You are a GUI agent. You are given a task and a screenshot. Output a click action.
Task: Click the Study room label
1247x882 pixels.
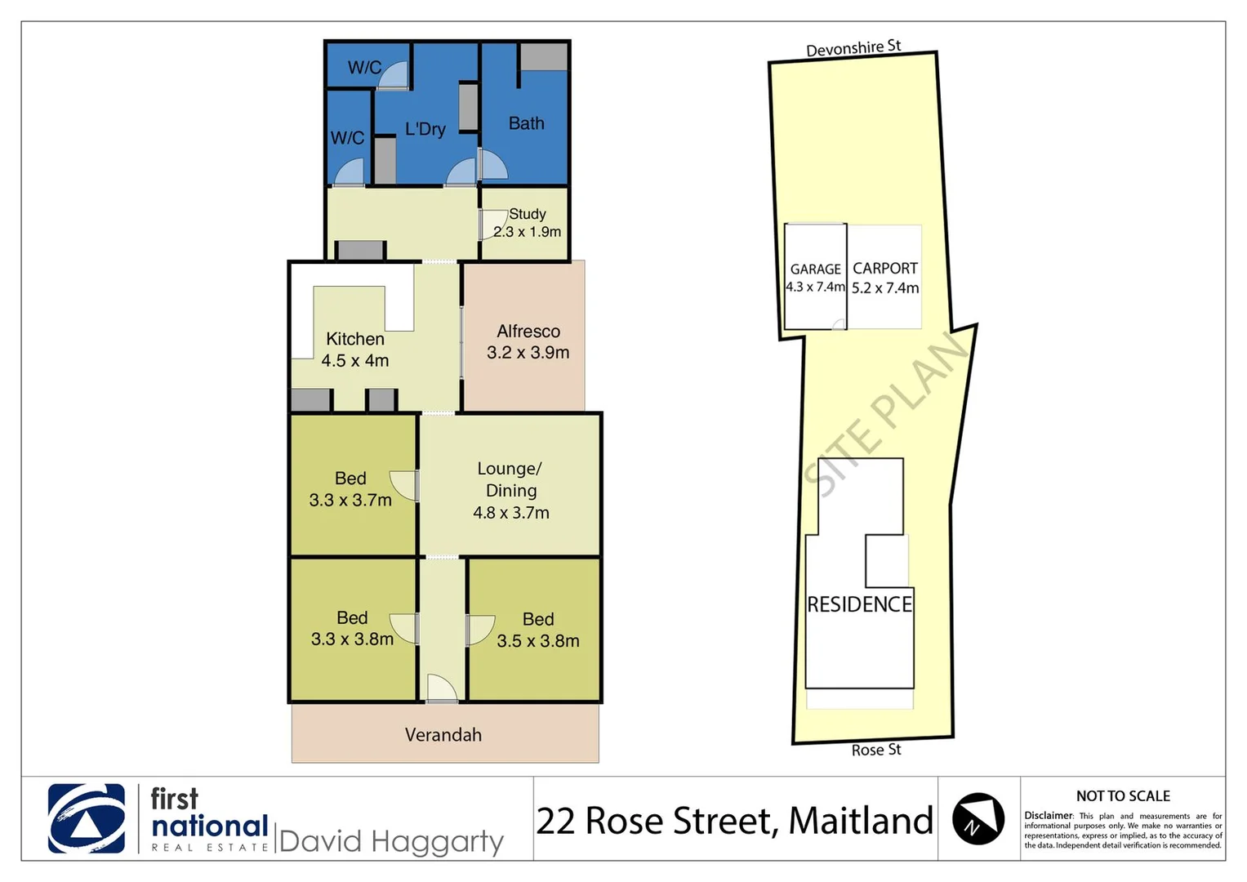click(528, 214)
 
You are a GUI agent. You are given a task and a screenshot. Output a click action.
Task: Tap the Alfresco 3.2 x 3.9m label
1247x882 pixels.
click(528, 342)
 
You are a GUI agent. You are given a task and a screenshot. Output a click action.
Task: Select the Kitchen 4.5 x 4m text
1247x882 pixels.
click(355, 350)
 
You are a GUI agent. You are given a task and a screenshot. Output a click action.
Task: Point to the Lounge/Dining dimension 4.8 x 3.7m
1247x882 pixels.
click(511, 513)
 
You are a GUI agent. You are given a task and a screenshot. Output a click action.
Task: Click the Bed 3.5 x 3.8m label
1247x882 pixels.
click(538, 630)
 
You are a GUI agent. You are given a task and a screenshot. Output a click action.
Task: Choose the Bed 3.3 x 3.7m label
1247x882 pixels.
click(350, 489)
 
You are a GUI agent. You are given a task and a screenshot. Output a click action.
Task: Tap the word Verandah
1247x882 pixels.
click(443, 735)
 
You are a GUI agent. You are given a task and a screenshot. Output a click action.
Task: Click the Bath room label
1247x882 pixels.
click(526, 123)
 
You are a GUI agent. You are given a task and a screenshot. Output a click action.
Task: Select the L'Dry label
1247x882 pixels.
click(425, 129)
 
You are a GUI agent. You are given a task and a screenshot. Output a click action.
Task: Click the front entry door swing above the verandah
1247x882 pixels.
click(442, 688)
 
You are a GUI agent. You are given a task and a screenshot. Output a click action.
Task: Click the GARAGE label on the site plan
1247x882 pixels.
click(815, 269)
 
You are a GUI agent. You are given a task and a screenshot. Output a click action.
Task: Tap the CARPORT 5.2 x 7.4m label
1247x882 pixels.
click(885, 278)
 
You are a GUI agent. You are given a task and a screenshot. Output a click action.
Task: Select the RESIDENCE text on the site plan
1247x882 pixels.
click(859, 604)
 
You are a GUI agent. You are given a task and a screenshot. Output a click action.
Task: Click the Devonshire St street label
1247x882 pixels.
click(853, 49)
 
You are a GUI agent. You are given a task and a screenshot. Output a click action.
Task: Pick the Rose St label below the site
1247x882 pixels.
click(876, 750)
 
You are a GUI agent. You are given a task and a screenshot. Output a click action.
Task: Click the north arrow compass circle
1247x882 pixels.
click(978, 819)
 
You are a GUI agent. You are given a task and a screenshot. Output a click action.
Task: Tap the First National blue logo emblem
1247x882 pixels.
click(87, 818)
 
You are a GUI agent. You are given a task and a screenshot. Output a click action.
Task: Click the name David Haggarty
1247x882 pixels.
click(391, 841)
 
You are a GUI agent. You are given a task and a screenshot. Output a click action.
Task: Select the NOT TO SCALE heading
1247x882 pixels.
click(1123, 796)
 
